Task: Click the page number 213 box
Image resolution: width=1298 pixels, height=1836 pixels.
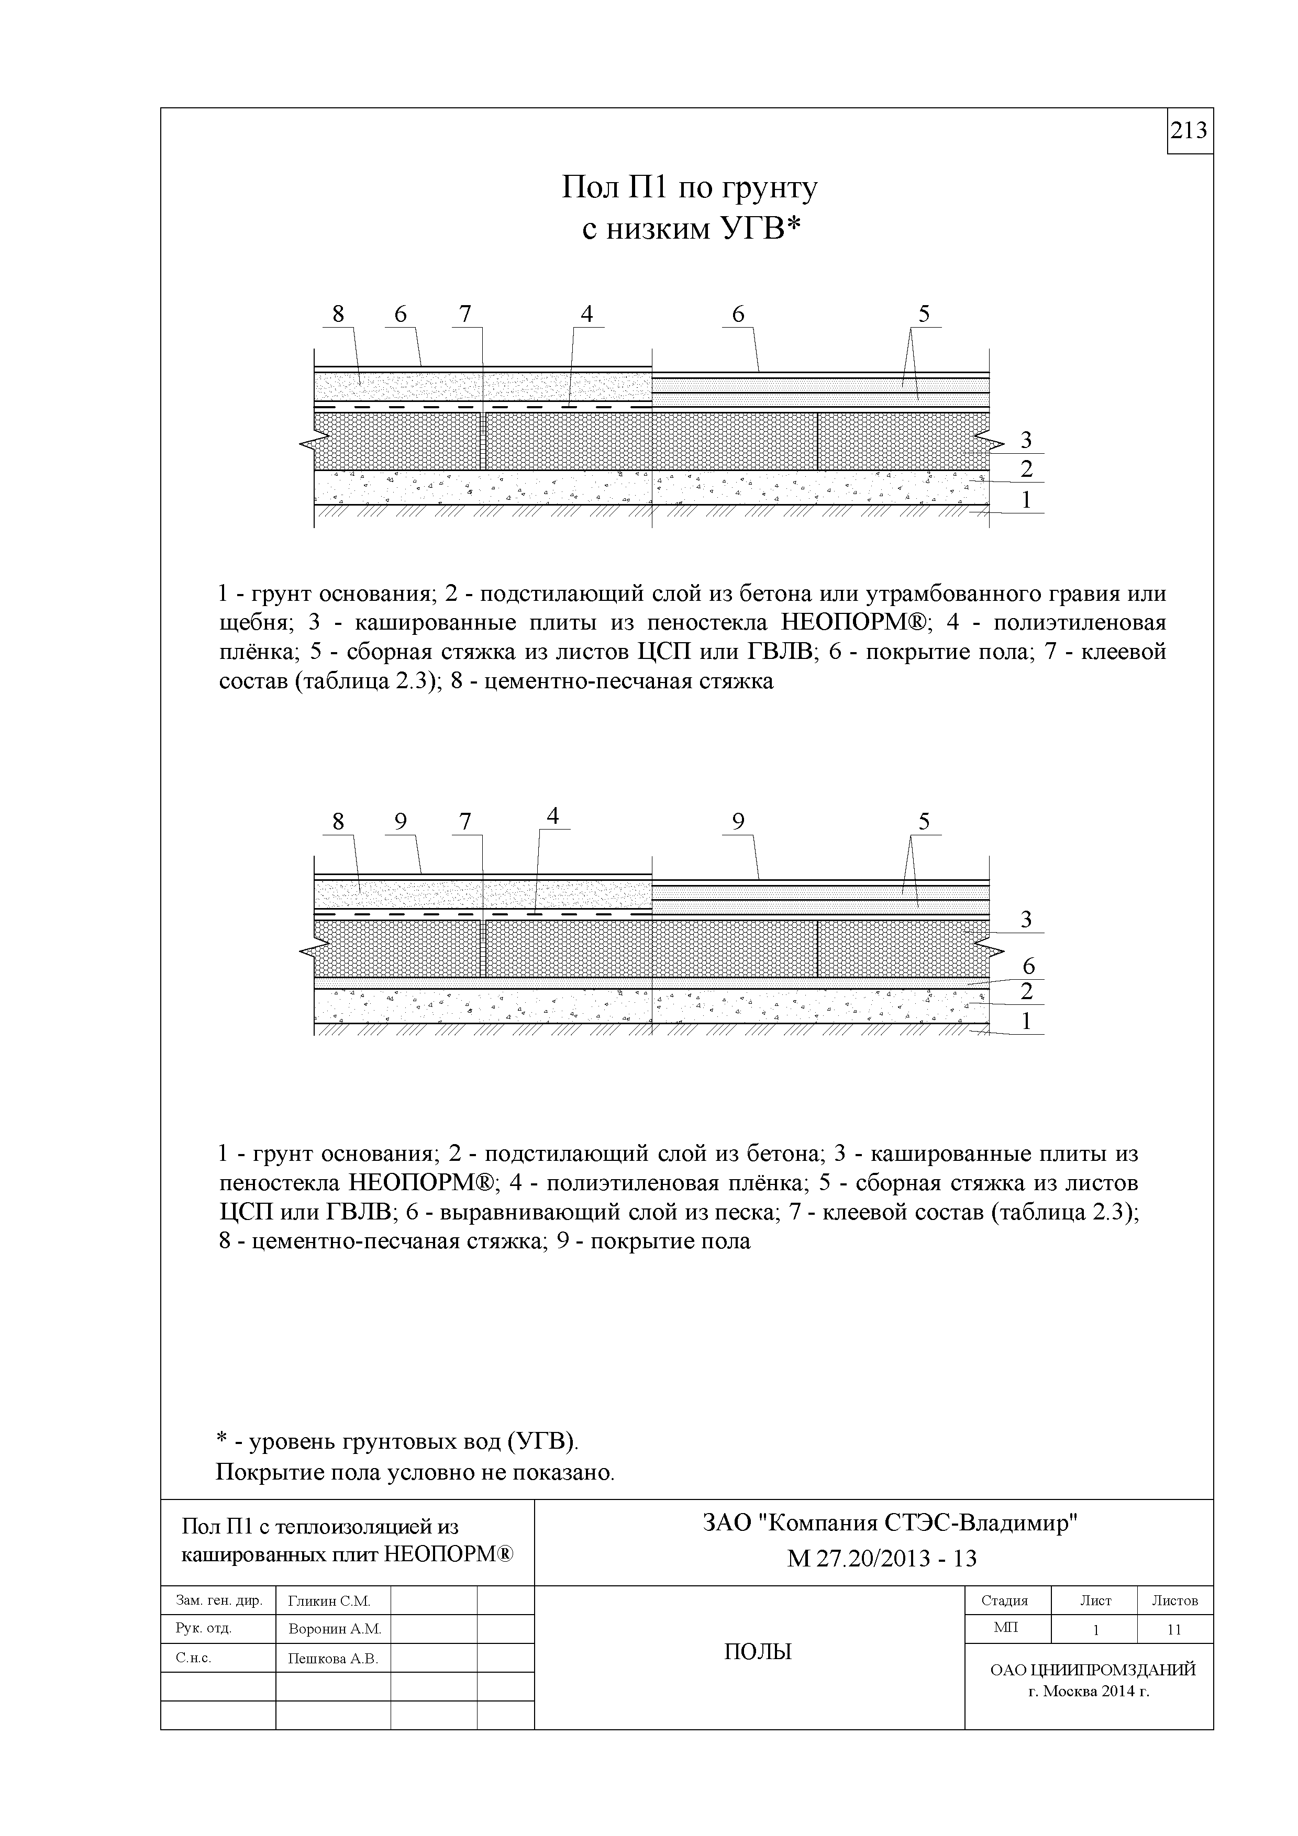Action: click(1189, 130)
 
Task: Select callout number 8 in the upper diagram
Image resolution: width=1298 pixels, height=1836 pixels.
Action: click(338, 314)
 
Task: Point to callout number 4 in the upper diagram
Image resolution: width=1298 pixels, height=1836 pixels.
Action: click(587, 314)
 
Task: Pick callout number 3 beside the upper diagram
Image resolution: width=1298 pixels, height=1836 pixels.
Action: click(1026, 440)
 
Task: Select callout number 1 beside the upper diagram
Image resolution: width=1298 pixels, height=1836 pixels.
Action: click(1026, 500)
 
